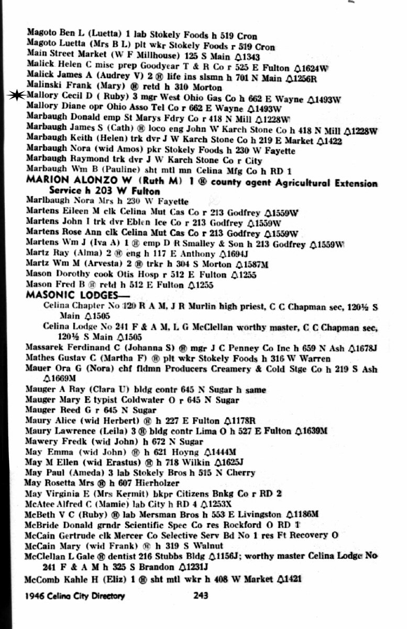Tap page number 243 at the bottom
click(201, 595)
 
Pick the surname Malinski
click(43, 88)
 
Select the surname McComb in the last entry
click(42, 579)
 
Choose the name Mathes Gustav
click(56, 359)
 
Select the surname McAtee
click(40, 502)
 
